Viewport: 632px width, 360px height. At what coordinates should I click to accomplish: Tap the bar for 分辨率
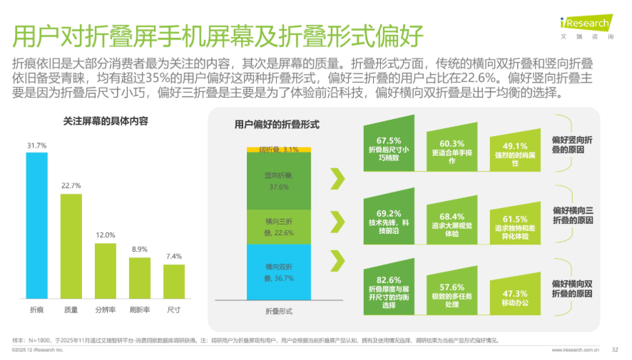(x=106, y=270)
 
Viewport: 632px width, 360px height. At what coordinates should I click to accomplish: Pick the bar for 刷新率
(x=140, y=277)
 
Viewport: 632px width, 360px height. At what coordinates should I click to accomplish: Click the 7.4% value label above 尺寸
(x=174, y=256)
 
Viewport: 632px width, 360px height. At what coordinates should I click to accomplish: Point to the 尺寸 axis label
(x=174, y=310)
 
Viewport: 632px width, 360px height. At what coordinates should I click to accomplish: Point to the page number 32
(x=616, y=350)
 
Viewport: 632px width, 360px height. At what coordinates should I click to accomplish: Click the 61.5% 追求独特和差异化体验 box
(x=515, y=227)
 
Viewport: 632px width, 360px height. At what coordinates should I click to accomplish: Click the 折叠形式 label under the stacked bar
(x=279, y=312)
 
